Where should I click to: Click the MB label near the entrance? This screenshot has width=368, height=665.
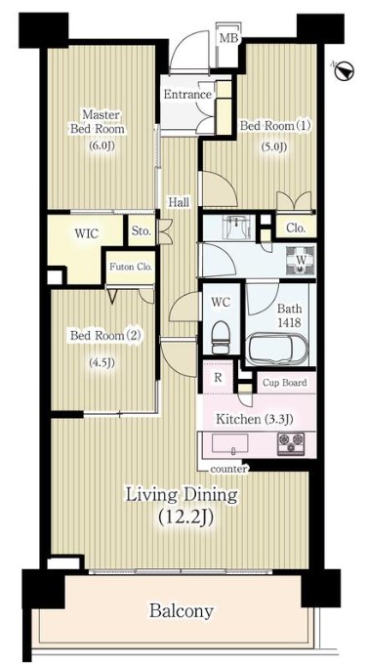tap(229, 38)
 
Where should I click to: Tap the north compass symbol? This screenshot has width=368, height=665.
tap(344, 71)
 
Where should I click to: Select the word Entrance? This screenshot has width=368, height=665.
tap(187, 95)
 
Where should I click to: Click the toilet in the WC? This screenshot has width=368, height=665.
tap(220, 337)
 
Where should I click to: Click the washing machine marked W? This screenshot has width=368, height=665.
tap(300, 258)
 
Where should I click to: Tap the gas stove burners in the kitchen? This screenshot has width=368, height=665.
tap(291, 444)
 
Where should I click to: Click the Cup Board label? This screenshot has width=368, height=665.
tap(284, 383)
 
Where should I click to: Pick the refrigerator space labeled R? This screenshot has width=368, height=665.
tap(218, 377)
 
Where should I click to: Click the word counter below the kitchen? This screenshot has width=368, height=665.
tap(228, 470)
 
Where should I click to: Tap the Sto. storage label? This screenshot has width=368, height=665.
tap(142, 231)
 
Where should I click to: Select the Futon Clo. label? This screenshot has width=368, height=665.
tap(131, 268)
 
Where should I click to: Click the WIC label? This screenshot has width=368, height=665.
tap(86, 233)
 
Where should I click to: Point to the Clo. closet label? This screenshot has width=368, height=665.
tap(296, 229)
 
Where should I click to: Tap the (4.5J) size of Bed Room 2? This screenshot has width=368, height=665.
tap(102, 363)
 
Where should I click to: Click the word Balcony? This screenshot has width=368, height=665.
tap(181, 611)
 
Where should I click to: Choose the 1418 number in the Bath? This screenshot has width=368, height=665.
tap(290, 322)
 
